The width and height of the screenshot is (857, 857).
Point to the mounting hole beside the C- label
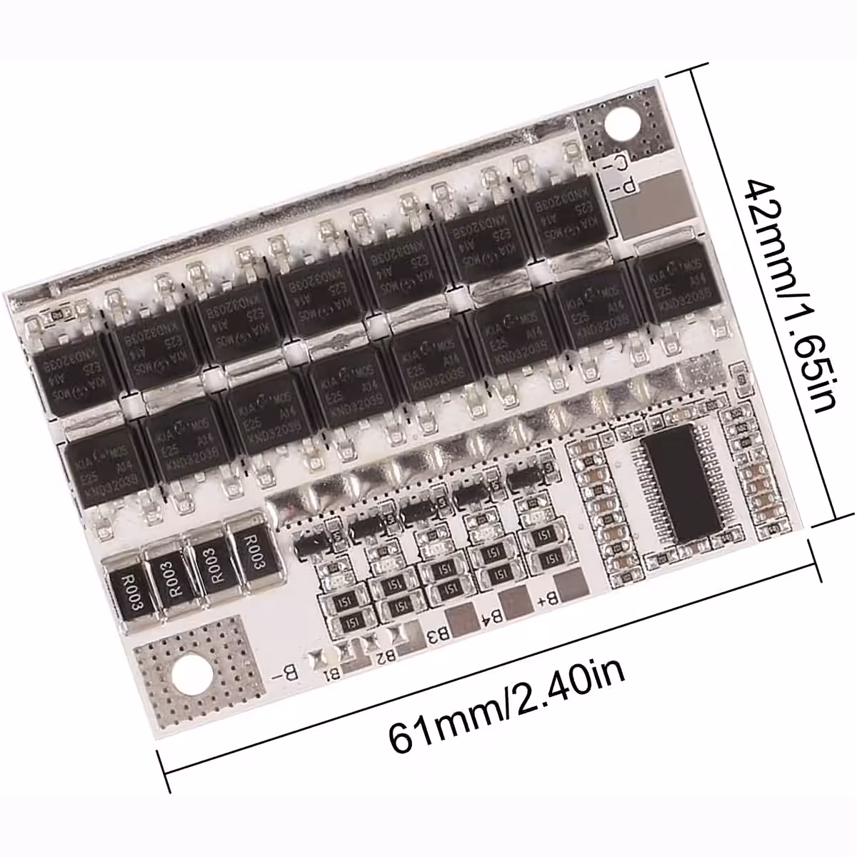coord(620,123)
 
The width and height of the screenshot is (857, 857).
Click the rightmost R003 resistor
coord(253,549)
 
